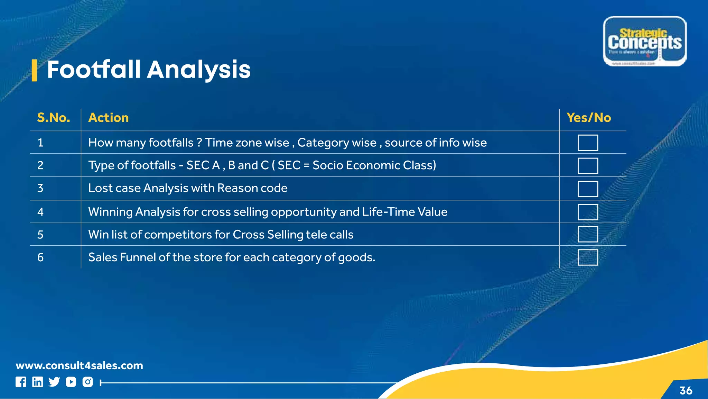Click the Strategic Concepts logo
click(x=645, y=41)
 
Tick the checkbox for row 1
click(x=588, y=143)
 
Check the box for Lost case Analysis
click(x=588, y=189)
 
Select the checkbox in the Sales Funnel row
click(x=588, y=257)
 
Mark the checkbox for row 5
click(x=588, y=234)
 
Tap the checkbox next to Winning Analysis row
click(x=588, y=212)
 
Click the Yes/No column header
click(x=588, y=118)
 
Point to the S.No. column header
click(x=54, y=118)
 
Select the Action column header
click(x=109, y=118)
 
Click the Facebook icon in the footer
click(x=21, y=382)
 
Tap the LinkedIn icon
click(x=37, y=382)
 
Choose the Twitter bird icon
click(x=54, y=382)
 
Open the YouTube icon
click(x=71, y=382)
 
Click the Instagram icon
click(x=87, y=382)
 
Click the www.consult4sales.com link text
click(x=80, y=365)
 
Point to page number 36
click(x=686, y=390)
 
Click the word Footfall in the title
click(x=93, y=70)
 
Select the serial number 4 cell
click(x=40, y=212)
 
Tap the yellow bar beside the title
click(x=34, y=70)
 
